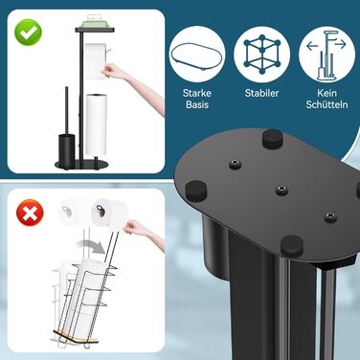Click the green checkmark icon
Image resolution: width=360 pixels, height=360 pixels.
pos(28,33)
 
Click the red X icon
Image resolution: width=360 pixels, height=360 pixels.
pos(30,213)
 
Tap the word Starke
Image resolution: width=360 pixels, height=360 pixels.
pos(197,93)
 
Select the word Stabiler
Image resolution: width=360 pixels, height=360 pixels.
pos(261,93)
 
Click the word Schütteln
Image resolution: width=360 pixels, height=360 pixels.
pos(326,104)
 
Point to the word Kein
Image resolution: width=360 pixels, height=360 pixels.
pos(326,93)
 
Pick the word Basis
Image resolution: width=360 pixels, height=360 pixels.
pos(197,104)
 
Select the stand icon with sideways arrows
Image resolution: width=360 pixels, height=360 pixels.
pos(326,55)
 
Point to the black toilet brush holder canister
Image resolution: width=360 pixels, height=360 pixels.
pos(66,147)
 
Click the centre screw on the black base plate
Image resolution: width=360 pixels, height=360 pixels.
pos(281,190)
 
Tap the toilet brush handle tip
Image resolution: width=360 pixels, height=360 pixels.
pos(67,87)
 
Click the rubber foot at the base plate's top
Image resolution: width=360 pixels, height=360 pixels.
pos(273,138)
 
